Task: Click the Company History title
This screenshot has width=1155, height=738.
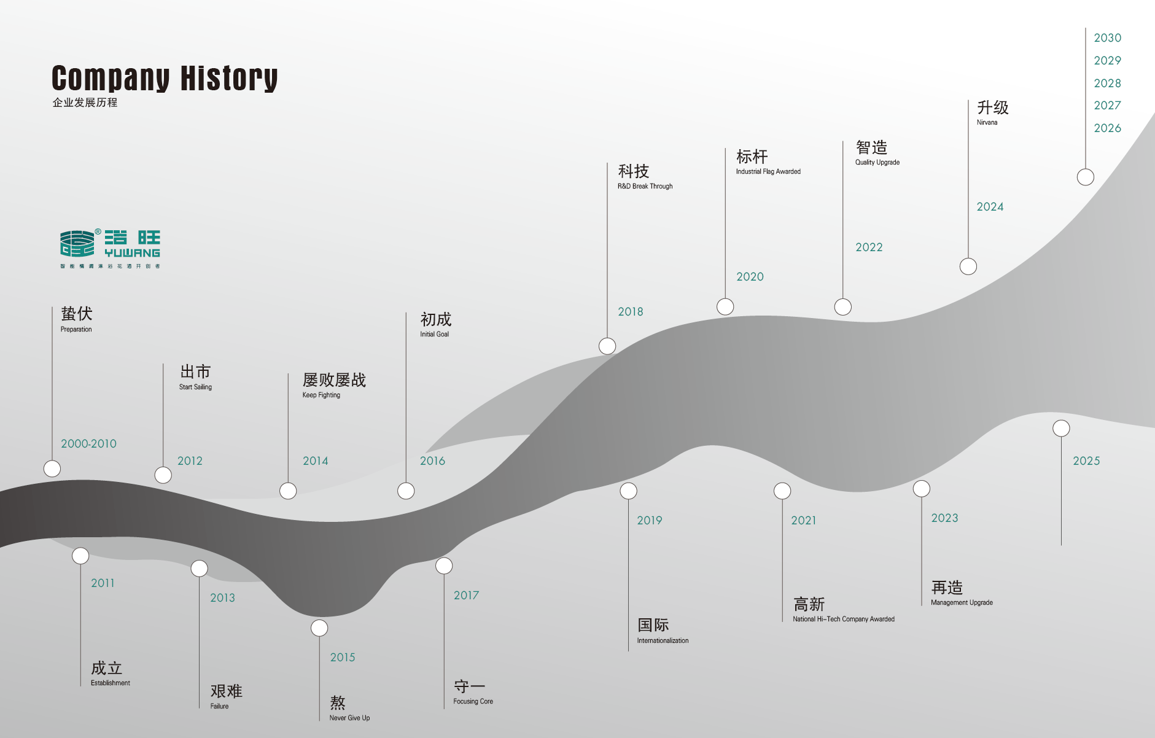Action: click(165, 78)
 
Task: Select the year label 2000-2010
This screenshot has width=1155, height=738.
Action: click(88, 443)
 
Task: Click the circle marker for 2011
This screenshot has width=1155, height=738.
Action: click(80, 556)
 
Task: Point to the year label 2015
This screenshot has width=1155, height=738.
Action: click(343, 657)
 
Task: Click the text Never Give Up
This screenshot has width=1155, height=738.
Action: click(349, 718)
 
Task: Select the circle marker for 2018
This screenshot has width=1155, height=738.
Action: click(607, 346)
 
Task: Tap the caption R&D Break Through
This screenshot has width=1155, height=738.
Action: click(645, 186)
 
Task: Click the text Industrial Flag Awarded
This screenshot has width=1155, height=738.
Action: click(768, 171)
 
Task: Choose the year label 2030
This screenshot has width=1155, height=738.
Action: click(1107, 38)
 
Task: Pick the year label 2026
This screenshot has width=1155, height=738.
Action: click(1107, 128)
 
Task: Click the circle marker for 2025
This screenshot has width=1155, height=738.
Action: click(1061, 429)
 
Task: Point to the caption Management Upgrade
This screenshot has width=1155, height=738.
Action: click(962, 602)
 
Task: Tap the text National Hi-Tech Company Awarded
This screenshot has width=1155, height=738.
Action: click(843, 619)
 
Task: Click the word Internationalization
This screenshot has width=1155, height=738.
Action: click(663, 640)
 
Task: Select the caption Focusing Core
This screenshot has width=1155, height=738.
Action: click(473, 701)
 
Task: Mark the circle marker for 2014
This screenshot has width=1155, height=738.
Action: click(288, 491)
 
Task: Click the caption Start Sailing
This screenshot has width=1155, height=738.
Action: click(195, 387)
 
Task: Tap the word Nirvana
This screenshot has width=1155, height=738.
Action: click(987, 122)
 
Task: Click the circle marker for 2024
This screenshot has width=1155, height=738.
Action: click(968, 266)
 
